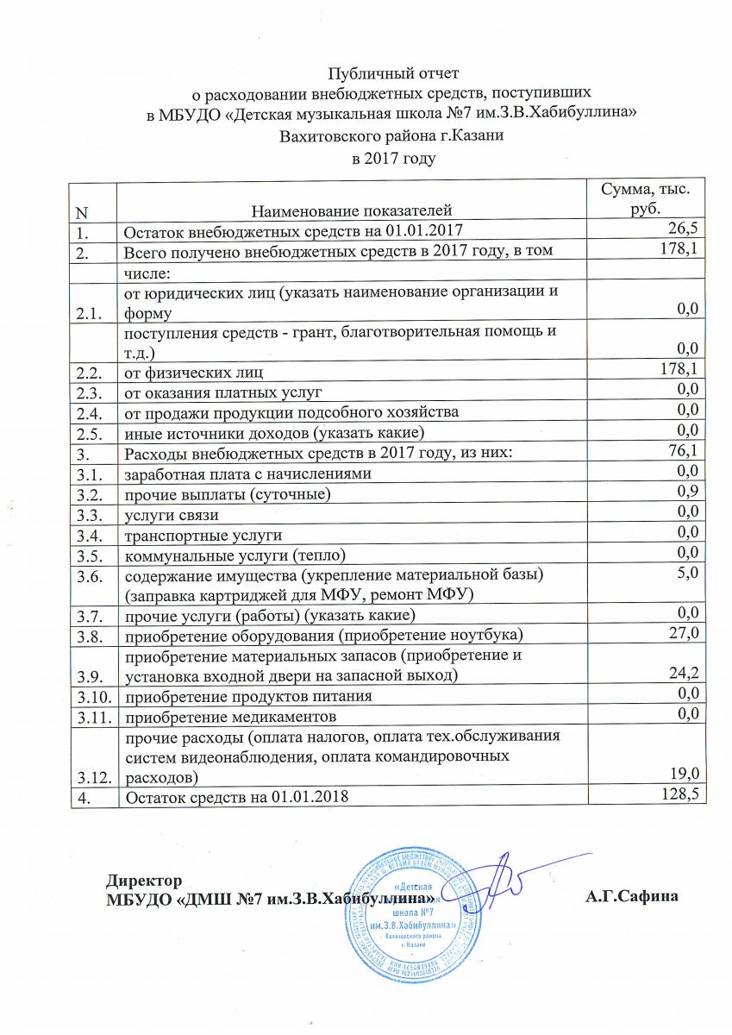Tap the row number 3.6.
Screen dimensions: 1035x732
tap(87, 575)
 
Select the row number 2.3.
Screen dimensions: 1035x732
tap(87, 391)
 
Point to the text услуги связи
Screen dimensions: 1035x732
tap(172, 515)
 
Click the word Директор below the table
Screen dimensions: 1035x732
tap(144, 881)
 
